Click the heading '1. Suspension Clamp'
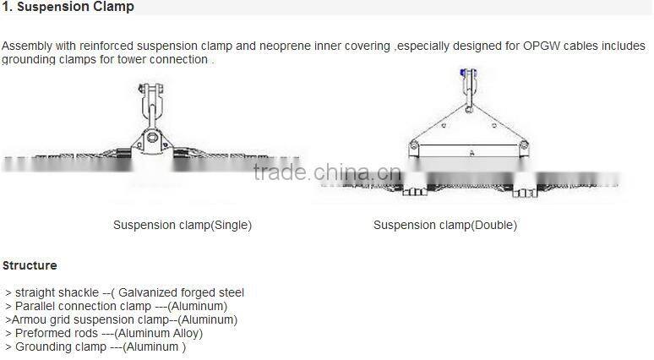click(68, 8)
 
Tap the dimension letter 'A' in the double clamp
click(471, 152)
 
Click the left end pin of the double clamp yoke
click(414, 146)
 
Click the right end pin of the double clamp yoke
click(516, 147)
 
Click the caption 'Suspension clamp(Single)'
click(183, 226)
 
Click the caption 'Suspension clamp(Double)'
click(444, 226)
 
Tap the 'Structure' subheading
click(30, 265)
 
